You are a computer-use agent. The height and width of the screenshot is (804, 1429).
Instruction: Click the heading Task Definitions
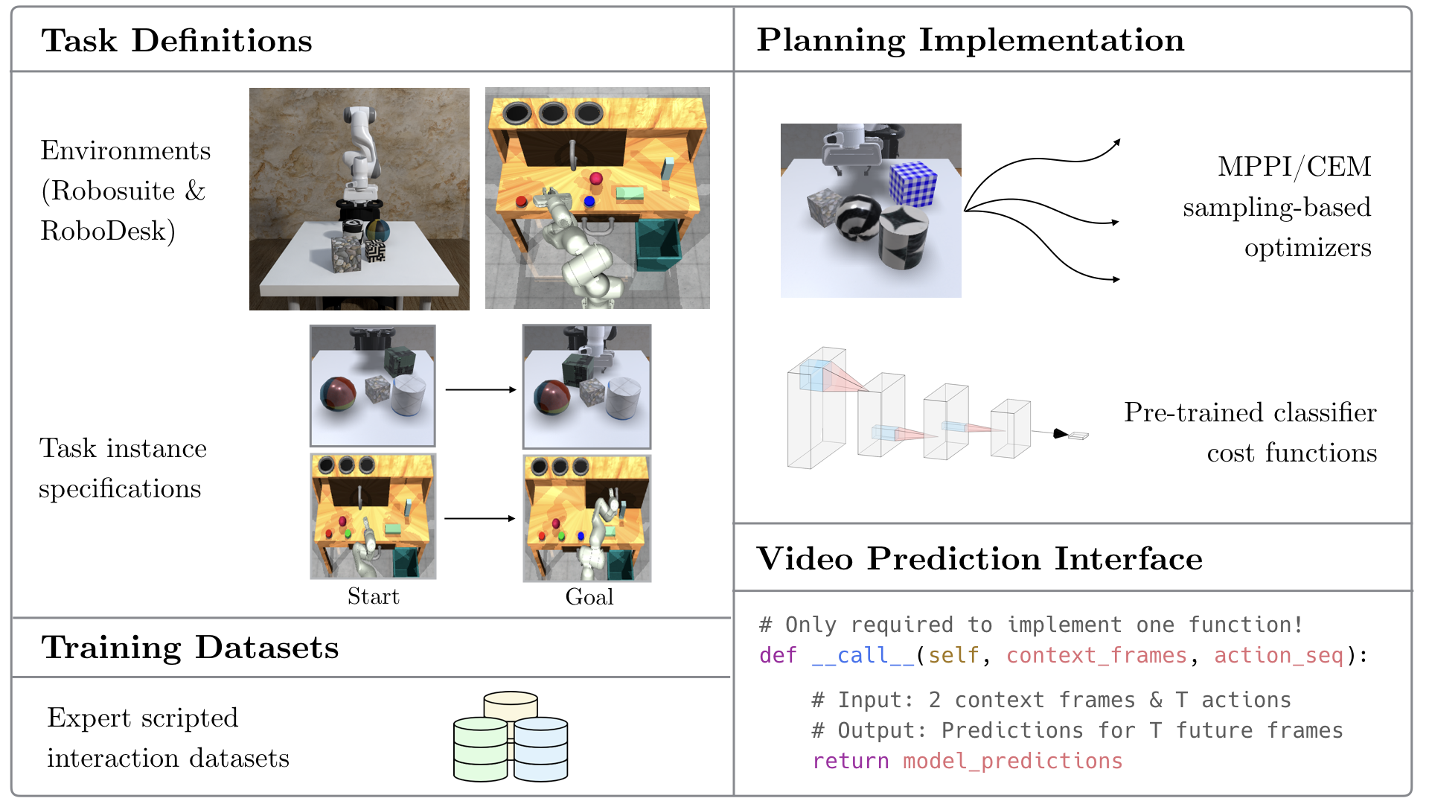click(177, 41)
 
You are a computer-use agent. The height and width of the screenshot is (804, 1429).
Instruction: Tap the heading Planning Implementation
click(970, 40)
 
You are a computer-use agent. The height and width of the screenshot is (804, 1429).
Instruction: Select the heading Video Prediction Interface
click(979, 558)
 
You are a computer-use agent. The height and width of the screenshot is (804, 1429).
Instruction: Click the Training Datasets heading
click(190, 647)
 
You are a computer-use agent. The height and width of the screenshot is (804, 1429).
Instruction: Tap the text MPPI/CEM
click(1294, 166)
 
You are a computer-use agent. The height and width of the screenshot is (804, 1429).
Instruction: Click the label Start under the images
click(373, 596)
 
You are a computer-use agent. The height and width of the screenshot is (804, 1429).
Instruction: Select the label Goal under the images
click(589, 596)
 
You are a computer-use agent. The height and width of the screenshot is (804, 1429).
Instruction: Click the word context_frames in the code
click(1096, 655)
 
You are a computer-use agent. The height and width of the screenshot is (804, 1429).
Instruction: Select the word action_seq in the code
click(1278, 655)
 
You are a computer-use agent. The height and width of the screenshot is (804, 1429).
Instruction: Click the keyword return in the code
click(850, 761)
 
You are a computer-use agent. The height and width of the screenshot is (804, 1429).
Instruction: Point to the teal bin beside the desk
click(658, 246)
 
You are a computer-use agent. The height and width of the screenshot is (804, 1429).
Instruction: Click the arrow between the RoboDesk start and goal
click(480, 518)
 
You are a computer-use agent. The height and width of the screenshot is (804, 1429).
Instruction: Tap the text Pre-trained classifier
click(1250, 412)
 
